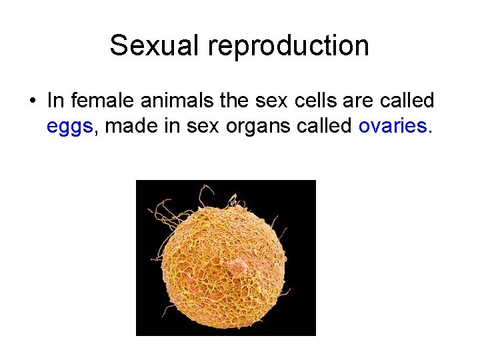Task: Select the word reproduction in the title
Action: pyautogui.click(x=288, y=46)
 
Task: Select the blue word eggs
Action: pyautogui.click(x=69, y=126)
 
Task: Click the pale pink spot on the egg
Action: pyautogui.click(x=235, y=267)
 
